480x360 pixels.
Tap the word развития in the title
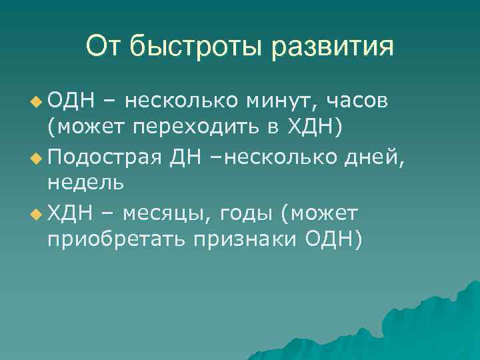point(333,47)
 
